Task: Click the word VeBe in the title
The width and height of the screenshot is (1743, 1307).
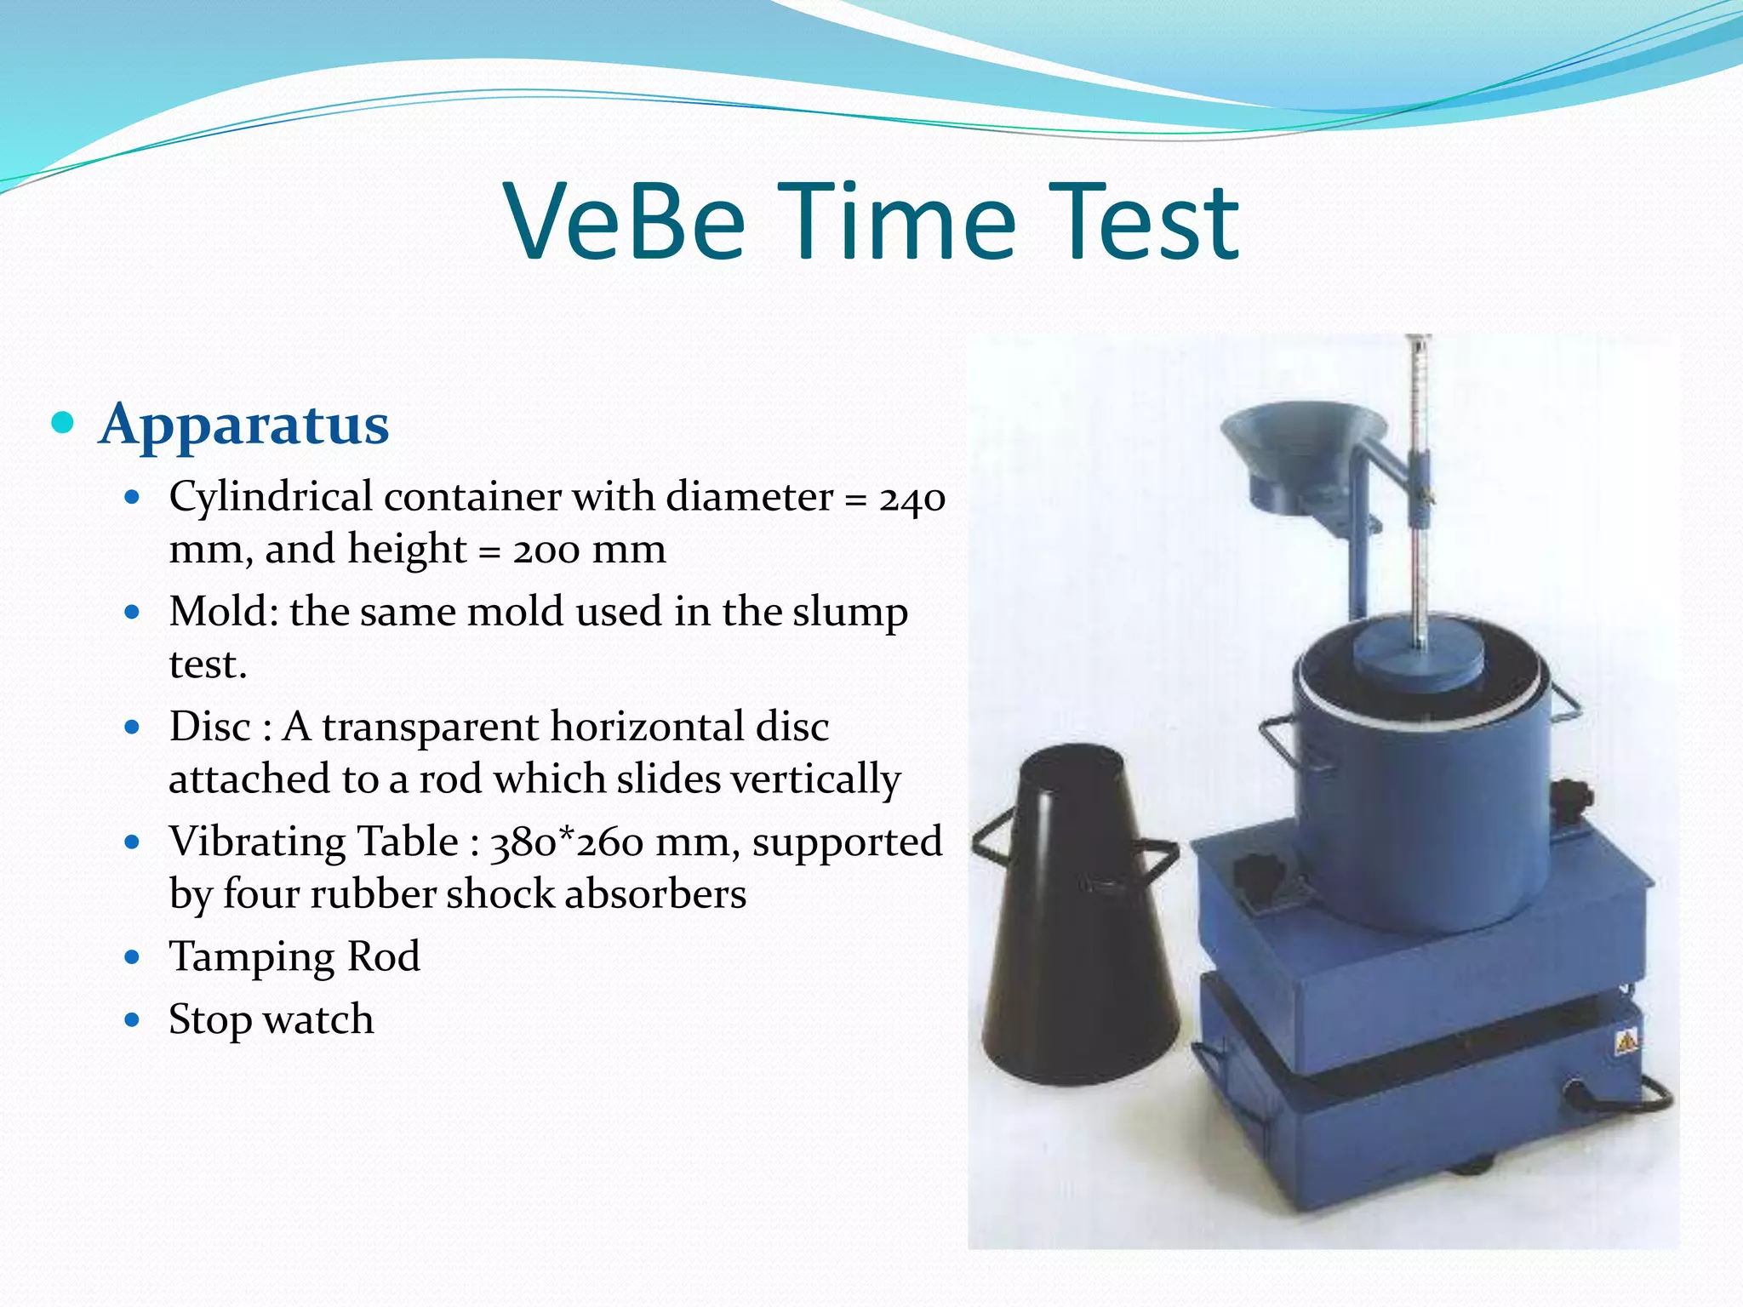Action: (625, 223)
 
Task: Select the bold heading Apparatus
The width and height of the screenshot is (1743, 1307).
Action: (244, 424)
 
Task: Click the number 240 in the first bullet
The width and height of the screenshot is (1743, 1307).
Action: (912, 498)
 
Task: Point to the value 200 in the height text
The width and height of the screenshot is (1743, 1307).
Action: (546, 550)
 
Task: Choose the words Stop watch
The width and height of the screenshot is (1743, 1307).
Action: (271, 1019)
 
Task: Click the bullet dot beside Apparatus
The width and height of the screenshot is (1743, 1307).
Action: (62, 422)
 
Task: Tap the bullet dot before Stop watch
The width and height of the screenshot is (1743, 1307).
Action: (131, 1019)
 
